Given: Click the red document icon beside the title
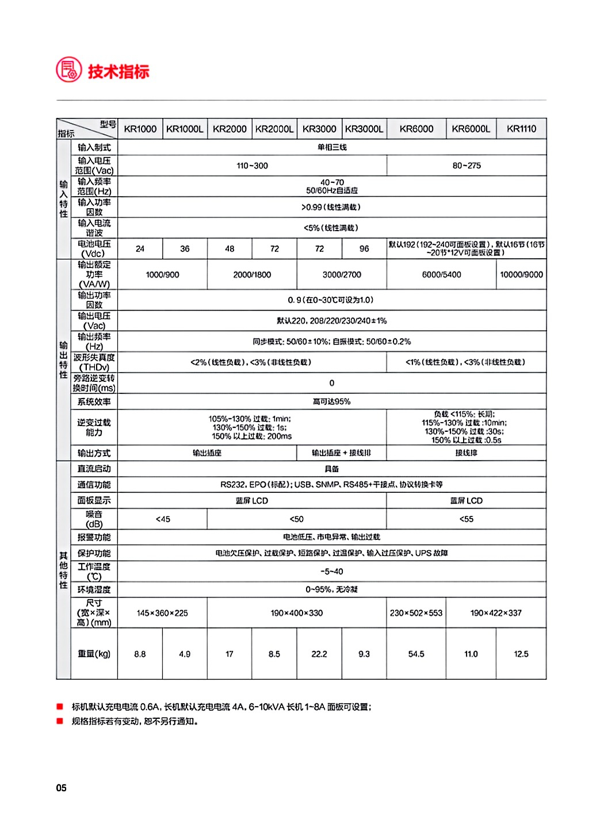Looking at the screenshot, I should (x=68, y=70).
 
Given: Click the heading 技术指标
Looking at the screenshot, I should (x=118, y=71).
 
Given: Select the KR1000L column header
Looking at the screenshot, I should (x=185, y=129).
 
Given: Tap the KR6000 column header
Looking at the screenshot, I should (x=416, y=129).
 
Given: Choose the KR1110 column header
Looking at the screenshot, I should (x=521, y=129).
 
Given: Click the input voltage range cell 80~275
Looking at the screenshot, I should (x=467, y=166).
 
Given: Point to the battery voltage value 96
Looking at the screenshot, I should (x=364, y=249).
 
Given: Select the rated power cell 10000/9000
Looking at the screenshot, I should (x=521, y=275).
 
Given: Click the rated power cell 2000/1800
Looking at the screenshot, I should (x=252, y=275).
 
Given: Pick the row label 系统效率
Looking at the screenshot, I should (x=94, y=402).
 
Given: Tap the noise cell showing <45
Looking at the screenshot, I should (x=163, y=519).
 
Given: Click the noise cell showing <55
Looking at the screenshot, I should (x=467, y=519).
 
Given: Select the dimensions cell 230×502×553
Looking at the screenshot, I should (x=416, y=613).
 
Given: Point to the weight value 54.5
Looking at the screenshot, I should (x=416, y=654).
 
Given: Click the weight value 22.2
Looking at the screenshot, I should (x=319, y=654).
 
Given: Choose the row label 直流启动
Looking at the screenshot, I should (x=94, y=469).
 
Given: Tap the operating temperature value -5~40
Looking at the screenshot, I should (x=332, y=572).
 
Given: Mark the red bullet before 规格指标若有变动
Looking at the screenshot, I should (x=59, y=721).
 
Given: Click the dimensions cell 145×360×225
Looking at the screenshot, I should (x=163, y=613).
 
